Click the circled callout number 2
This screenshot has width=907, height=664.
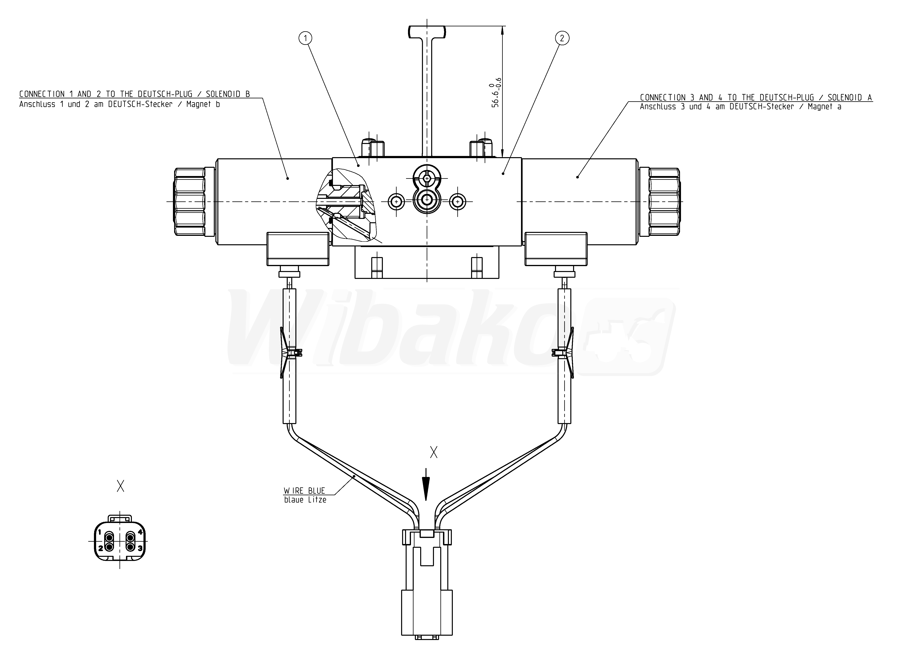pos(562,38)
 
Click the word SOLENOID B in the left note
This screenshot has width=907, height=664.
pos(228,94)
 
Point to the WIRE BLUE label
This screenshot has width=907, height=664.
pos(304,491)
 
